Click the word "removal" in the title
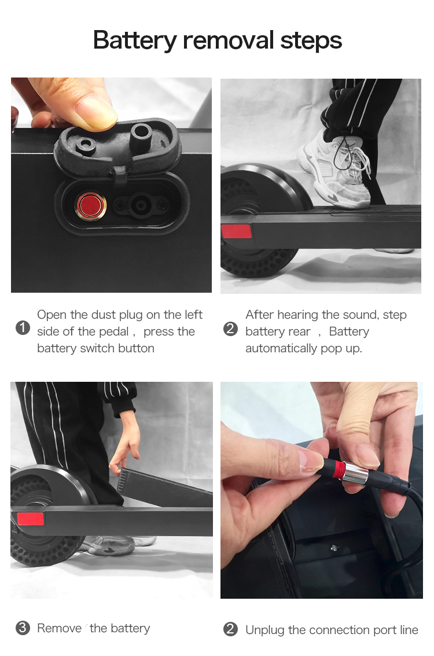coord(229,40)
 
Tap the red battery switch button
coord(90,205)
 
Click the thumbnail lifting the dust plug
coord(95,113)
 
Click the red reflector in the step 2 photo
coord(237,231)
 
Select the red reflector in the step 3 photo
coord(31,519)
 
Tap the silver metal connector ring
coord(355,473)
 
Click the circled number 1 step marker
coord(23,328)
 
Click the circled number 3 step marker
coord(23,628)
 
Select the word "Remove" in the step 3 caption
coord(60,628)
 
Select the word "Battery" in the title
coord(135,41)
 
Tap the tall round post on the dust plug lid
coord(141,134)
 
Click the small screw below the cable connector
coord(334,547)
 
